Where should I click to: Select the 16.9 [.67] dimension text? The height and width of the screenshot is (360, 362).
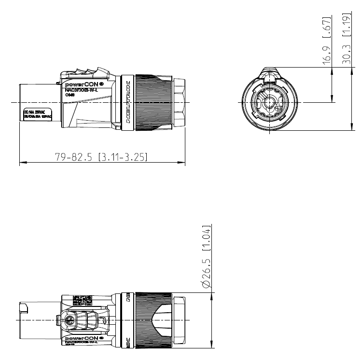pyautogui.click(x=327, y=42)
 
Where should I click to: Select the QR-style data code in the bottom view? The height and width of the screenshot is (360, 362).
pyautogui.click(x=82, y=300)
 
